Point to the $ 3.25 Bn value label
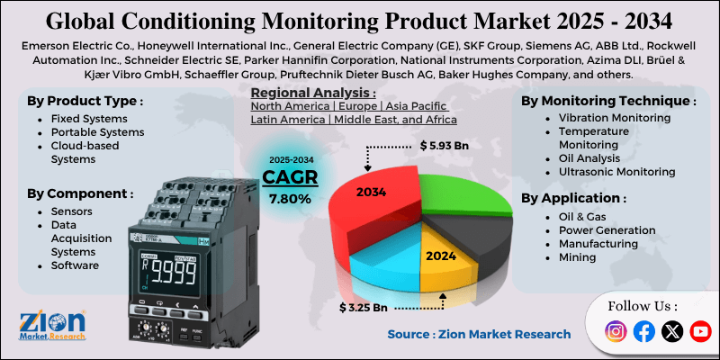[364, 308]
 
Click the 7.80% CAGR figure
[291, 198]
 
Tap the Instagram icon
[616, 332]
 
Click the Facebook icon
[643, 332]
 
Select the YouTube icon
[699, 332]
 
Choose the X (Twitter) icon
[671, 332]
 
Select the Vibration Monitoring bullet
[614, 118]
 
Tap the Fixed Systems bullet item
[88, 118]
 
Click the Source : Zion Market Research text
[479, 334]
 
